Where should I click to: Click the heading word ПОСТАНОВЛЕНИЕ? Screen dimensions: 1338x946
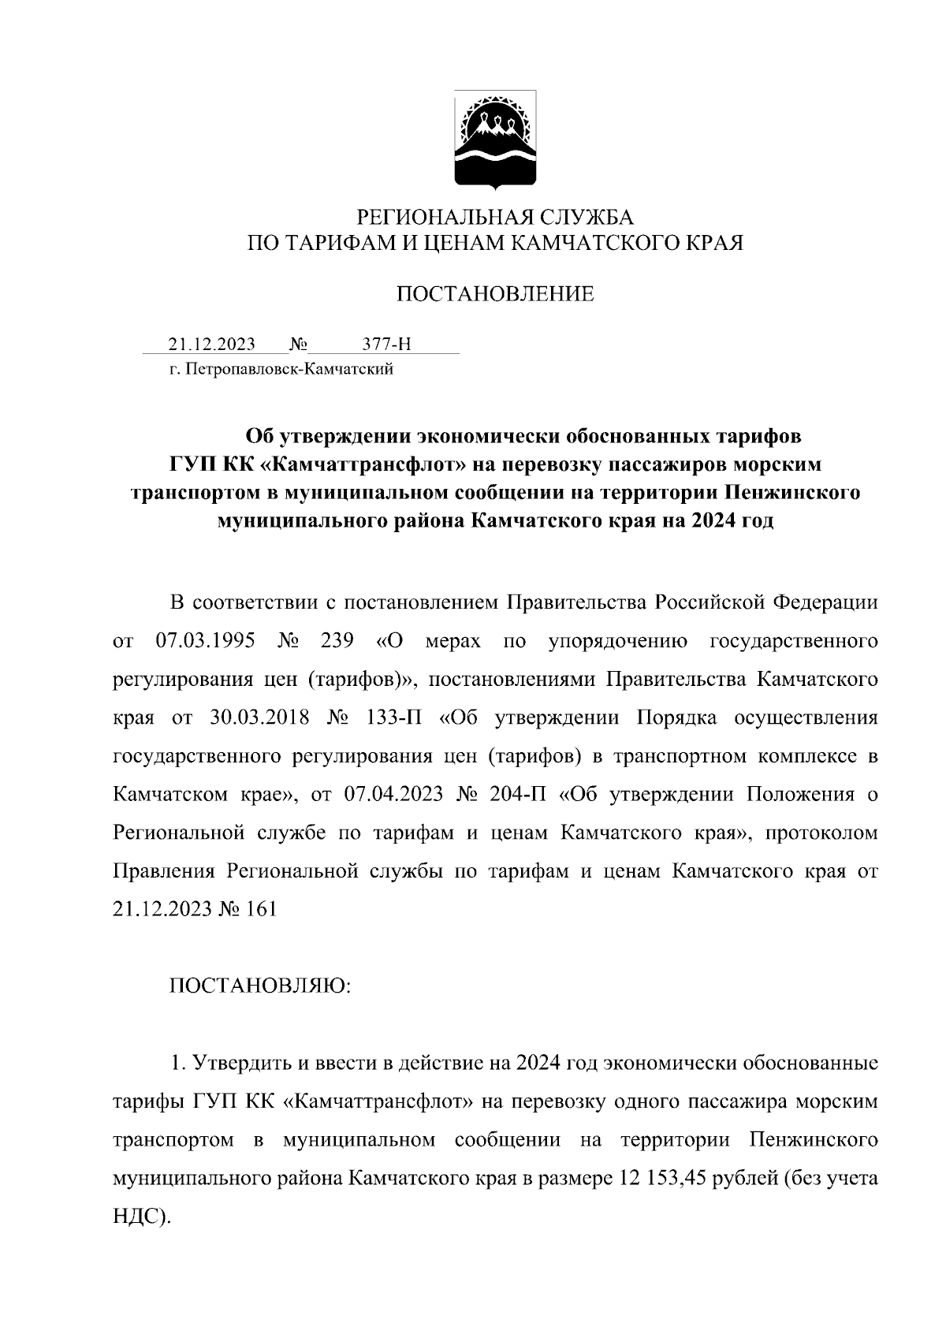[494, 295]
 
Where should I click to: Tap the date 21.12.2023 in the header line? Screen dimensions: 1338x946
[211, 345]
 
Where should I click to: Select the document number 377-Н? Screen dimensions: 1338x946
[386, 345]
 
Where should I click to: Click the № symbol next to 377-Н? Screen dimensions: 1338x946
[298, 345]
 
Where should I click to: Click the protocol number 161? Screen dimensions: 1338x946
[261, 909]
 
